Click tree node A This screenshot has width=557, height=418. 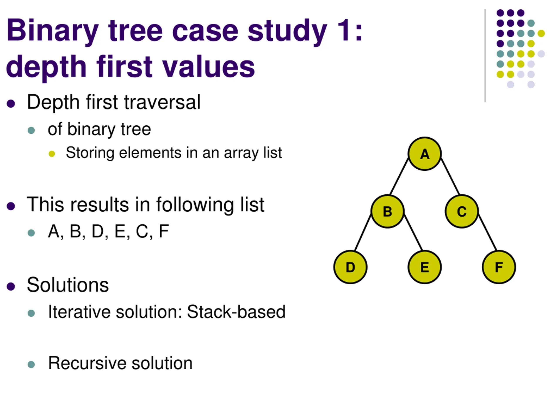pyautogui.click(x=424, y=154)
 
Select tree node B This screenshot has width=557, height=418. pyautogui.click(x=388, y=211)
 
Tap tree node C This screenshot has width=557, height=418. pyautogui.click(x=461, y=211)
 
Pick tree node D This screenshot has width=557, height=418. pyautogui.click(x=350, y=267)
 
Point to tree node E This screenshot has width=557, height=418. pyautogui.click(x=424, y=267)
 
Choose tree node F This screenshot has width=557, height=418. pyautogui.click(x=499, y=267)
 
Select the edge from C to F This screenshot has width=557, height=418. pyautogui.click(x=487, y=232)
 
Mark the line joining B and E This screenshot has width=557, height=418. pyautogui.click(x=413, y=232)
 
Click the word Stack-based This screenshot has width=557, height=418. pyautogui.click(x=236, y=312)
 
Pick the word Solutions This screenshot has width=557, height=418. pyautogui.click(x=68, y=285)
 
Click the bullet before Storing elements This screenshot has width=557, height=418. pyautogui.click(x=52, y=154)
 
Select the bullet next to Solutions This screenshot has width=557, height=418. pyautogui.click(x=11, y=287)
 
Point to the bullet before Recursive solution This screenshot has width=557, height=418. pyautogui.click(x=31, y=364)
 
